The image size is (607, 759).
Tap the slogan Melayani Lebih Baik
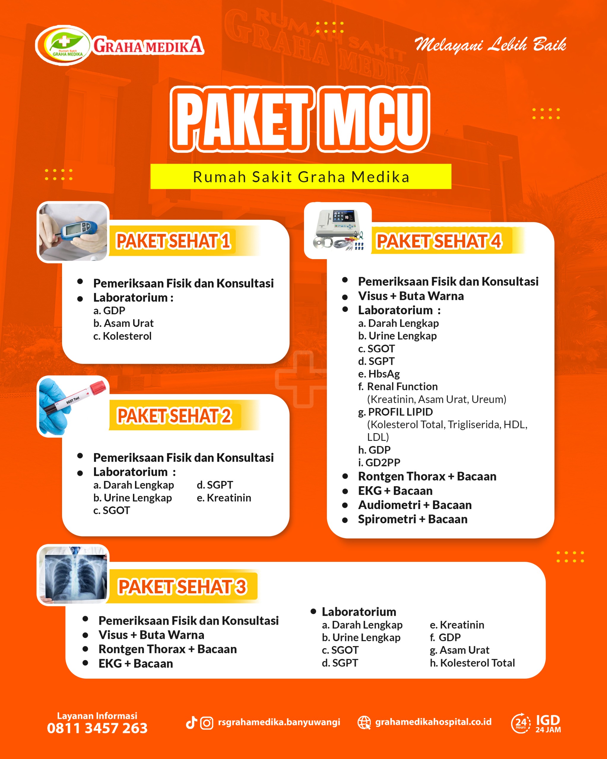490,45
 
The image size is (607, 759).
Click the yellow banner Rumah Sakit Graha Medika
301,176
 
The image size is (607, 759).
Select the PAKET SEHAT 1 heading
173,241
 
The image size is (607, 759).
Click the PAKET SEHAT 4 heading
438,242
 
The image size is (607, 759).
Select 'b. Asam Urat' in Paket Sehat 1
123,323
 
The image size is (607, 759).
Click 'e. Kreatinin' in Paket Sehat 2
224,498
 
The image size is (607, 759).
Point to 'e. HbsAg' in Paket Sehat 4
379,374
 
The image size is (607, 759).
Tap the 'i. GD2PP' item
379,463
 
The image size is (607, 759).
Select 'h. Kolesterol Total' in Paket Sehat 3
472,663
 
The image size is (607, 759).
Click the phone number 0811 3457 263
97,728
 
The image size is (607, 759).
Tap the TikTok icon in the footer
191,723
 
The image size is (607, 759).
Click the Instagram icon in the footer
207,723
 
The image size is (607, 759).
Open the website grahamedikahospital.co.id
433,722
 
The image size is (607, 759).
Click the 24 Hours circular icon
521,723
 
